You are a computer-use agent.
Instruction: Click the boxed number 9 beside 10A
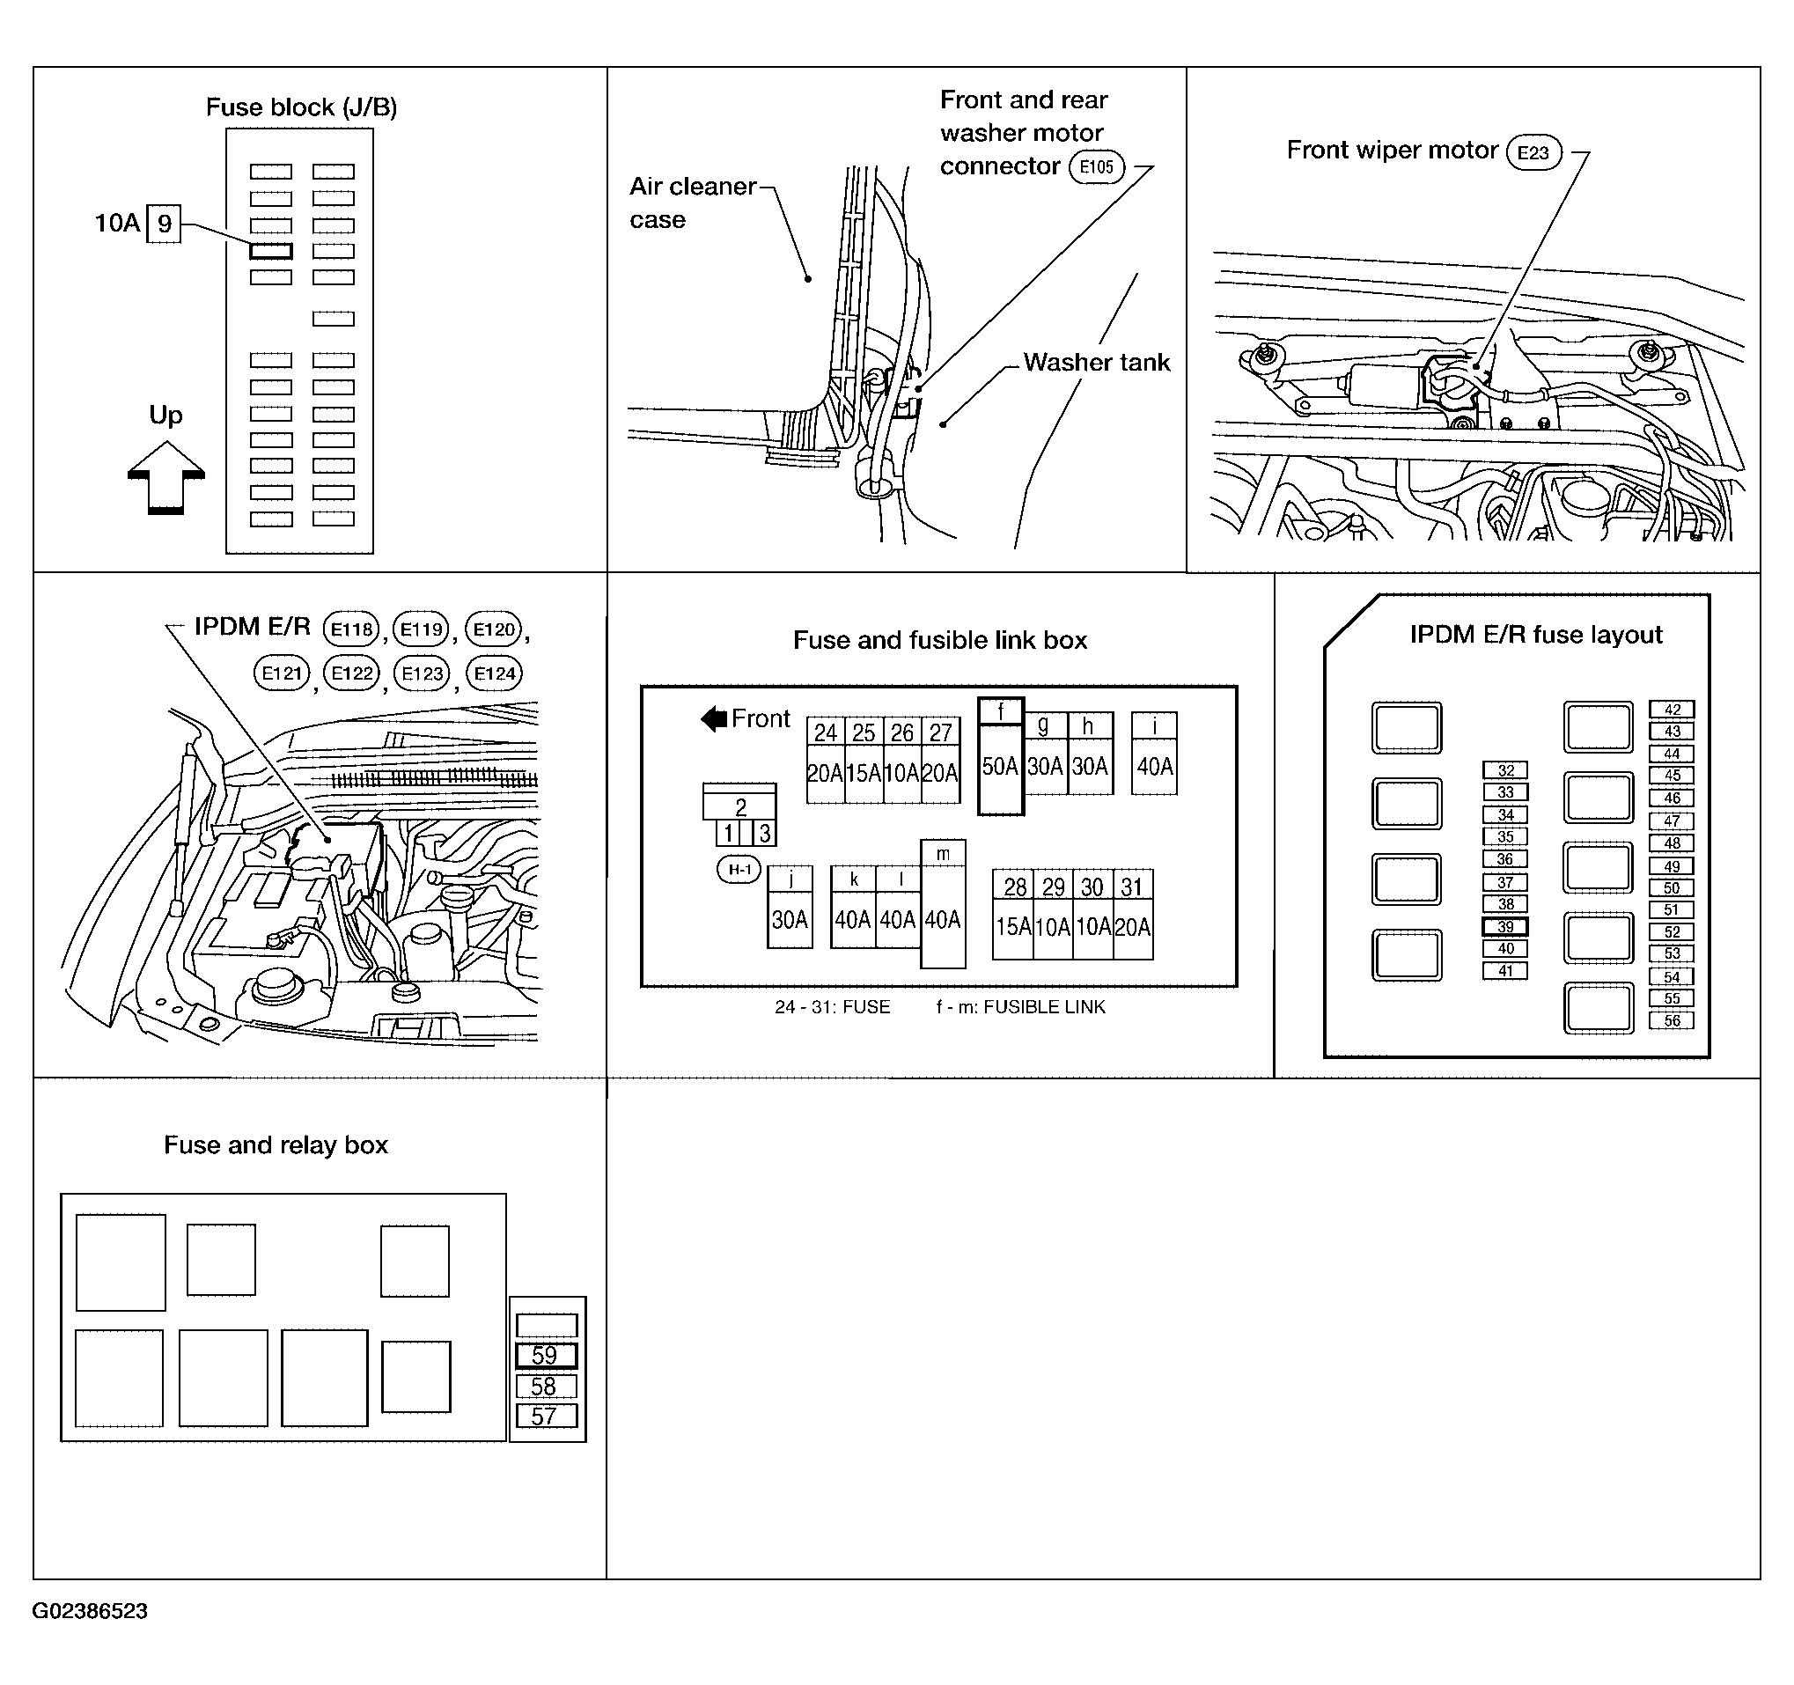(x=165, y=224)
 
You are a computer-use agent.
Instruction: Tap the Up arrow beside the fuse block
(x=166, y=477)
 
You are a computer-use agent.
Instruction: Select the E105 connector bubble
(x=1097, y=167)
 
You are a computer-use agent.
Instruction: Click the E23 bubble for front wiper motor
(x=1533, y=152)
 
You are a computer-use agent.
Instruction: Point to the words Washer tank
(x=1097, y=362)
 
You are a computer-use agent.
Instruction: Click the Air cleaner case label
(x=693, y=202)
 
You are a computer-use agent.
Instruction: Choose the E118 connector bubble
(x=351, y=629)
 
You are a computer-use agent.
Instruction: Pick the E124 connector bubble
(x=495, y=673)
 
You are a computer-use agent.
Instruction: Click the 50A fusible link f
(x=1001, y=756)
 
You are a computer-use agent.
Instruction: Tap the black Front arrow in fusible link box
(x=714, y=719)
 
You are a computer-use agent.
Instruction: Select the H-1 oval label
(x=739, y=870)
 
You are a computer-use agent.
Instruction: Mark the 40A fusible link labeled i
(x=1154, y=754)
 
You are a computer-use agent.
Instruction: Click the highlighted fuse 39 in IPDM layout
(x=1505, y=927)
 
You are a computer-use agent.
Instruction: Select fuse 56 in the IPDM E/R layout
(x=1673, y=1020)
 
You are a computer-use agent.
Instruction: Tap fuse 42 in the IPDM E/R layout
(x=1673, y=710)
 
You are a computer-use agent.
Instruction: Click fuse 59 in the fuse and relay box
(x=546, y=1356)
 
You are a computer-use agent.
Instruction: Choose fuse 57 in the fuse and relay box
(x=546, y=1416)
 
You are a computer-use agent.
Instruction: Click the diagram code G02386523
(x=91, y=1611)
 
